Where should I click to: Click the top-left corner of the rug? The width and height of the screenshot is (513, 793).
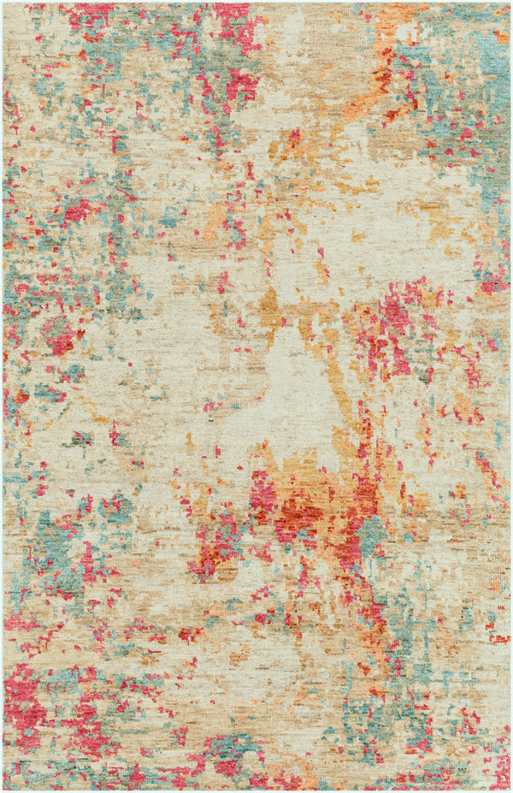coord(3,3)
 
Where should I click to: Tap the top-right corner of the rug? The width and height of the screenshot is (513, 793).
coord(510,3)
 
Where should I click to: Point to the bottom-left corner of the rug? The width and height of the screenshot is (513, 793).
coord(3,790)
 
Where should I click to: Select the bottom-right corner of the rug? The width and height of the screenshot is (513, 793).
coord(510,790)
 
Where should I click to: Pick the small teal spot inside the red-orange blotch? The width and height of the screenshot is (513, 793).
coord(370,535)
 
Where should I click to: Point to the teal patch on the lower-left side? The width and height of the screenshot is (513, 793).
coord(56,539)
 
